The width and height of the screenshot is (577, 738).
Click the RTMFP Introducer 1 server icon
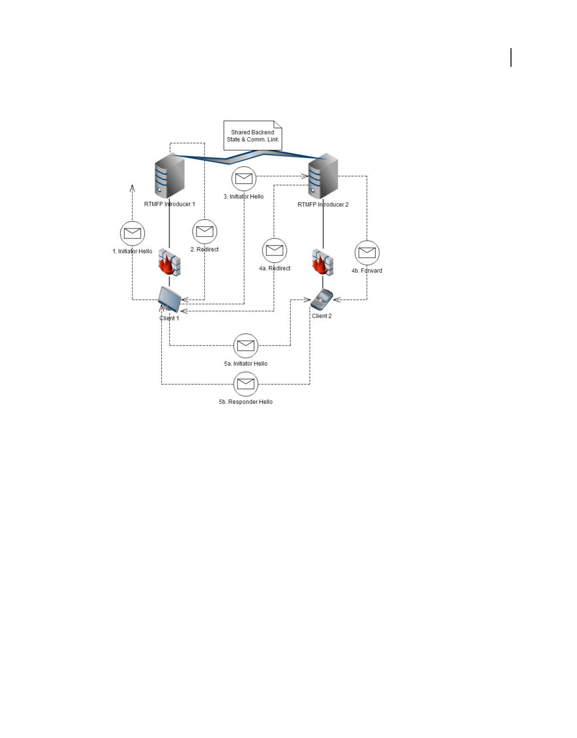169,176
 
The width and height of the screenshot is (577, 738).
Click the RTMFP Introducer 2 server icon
323,176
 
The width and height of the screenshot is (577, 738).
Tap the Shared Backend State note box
253,136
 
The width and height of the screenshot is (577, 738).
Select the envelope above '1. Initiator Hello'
132,233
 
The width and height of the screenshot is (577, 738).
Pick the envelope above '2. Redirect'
205,231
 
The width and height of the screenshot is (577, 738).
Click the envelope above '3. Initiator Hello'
244,179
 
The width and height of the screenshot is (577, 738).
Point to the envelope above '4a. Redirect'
274,250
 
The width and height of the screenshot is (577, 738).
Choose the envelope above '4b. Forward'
367,253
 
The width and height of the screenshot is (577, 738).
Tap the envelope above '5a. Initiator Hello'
246,345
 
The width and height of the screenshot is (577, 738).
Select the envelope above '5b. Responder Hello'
246,384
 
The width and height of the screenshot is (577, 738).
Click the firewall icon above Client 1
169,262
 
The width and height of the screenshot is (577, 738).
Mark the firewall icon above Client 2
323,262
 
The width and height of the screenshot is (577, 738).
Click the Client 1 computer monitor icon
169,299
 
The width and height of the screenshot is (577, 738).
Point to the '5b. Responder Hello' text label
246,402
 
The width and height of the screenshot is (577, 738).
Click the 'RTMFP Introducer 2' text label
323,205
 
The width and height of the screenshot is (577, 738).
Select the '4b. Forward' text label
367,271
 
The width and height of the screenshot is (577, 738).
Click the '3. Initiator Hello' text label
244,197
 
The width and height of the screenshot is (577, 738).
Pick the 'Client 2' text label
321,316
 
